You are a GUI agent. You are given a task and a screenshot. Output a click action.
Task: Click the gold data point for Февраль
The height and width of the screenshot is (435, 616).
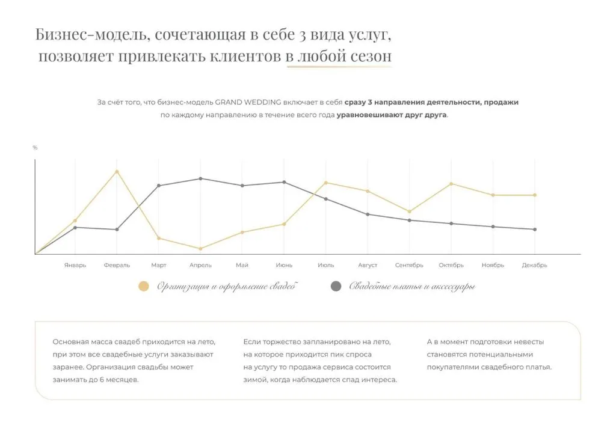click(117, 171)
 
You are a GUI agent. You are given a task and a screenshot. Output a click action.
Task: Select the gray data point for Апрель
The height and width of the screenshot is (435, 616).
click(200, 178)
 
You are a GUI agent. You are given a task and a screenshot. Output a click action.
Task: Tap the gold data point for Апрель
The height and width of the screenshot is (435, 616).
click(200, 249)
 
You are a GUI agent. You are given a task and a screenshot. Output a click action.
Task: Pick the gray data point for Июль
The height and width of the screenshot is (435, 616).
click(326, 199)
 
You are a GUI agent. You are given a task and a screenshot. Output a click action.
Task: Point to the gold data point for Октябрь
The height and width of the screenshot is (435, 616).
click(451, 184)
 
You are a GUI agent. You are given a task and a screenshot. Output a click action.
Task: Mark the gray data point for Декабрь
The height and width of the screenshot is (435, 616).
click(535, 230)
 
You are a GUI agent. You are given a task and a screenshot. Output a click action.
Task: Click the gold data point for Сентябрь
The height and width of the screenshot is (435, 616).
click(410, 211)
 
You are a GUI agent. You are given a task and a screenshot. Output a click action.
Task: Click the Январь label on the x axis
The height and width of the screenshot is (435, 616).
click(75, 265)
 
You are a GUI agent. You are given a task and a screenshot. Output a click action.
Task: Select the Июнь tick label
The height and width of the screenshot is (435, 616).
click(284, 265)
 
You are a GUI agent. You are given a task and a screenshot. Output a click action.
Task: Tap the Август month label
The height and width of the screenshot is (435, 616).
click(368, 265)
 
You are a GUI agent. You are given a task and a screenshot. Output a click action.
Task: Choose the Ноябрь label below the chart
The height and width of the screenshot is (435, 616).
click(493, 265)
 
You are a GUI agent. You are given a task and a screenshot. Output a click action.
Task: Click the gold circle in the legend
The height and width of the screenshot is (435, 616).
click(143, 287)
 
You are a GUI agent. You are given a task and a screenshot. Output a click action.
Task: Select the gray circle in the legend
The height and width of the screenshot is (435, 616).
click(336, 287)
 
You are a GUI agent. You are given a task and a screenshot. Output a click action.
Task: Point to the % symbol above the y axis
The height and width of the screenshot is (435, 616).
click(35, 148)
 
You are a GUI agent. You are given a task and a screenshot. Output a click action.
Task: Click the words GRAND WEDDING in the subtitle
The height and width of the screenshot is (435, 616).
click(248, 102)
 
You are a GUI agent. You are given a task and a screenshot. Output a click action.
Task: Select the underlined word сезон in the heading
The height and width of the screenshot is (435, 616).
click(368, 56)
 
